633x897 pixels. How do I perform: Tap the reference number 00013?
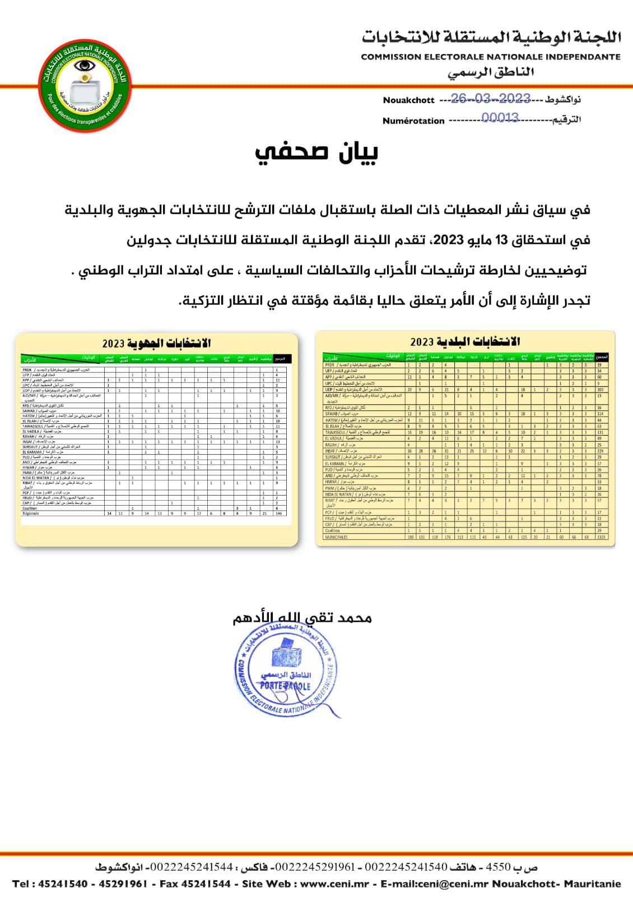pyautogui.click(x=500, y=118)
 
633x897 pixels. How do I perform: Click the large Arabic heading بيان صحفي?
pyautogui.click(x=316, y=152)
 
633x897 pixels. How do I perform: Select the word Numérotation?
pyautogui.click(x=413, y=121)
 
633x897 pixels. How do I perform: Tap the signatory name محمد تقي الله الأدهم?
pyautogui.click(x=302, y=617)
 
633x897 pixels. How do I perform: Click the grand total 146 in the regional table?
pyautogui.click(x=279, y=513)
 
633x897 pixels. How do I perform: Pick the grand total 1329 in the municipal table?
pyautogui.click(x=601, y=537)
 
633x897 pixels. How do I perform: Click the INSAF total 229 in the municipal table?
pyautogui.click(x=601, y=451)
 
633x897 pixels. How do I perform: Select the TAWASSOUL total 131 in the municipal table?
pyautogui.click(x=601, y=432)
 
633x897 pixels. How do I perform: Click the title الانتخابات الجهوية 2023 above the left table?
pyautogui.click(x=156, y=343)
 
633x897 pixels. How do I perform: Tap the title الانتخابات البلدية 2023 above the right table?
pyautogui.click(x=465, y=341)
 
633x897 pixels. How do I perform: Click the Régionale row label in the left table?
pyautogui.click(x=31, y=513)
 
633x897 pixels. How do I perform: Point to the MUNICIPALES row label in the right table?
pyautogui.click(x=337, y=537)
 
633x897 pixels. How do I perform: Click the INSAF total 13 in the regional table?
pyautogui.click(x=278, y=442)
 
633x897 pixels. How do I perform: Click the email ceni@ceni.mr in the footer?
pyautogui.click(x=443, y=884)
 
